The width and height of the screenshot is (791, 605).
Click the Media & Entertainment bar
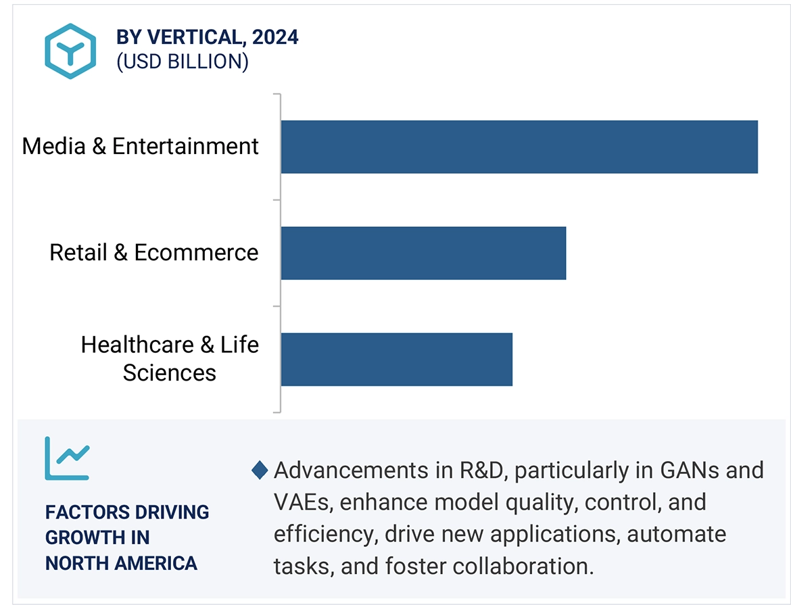click(519, 147)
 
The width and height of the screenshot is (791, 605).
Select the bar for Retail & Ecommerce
click(423, 253)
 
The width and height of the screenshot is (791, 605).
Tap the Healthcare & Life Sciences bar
click(396, 359)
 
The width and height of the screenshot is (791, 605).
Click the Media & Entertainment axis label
click(140, 147)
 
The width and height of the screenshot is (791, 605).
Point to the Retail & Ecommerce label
click(153, 253)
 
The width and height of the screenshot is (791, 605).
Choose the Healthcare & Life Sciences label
click(169, 359)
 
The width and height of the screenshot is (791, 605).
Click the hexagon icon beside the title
click(70, 51)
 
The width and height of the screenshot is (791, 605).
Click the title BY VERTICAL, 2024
click(208, 37)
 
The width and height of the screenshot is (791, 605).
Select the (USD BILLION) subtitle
click(183, 62)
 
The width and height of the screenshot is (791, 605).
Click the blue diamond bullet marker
click(260, 470)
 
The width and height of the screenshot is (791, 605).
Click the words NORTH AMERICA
click(121, 562)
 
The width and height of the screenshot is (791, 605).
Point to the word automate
click(677, 534)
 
